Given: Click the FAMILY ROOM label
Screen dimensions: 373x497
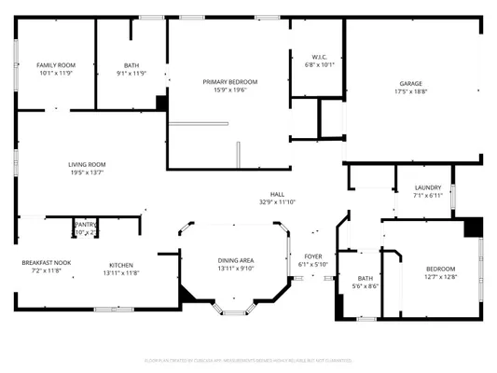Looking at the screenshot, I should (x=56, y=64).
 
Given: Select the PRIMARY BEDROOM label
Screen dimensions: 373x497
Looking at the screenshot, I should (x=230, y=81).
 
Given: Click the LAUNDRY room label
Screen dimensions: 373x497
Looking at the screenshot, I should (x=428, y=187).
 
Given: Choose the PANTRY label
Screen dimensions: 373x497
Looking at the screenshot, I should (x=86, y=224).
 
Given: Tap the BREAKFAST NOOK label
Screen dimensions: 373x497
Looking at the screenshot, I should (x=44, y=264).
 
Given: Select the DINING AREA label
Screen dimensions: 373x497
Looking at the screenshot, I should (x=236, y=260).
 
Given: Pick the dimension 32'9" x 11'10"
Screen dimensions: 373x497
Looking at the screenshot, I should (x=277, y=201).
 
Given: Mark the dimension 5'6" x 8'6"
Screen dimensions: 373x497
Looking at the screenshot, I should (x=365, y=286).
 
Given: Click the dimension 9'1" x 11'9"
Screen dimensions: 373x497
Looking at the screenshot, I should (x=131, y=73).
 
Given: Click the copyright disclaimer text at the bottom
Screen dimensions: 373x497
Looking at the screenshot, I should (x=248, y=359).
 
